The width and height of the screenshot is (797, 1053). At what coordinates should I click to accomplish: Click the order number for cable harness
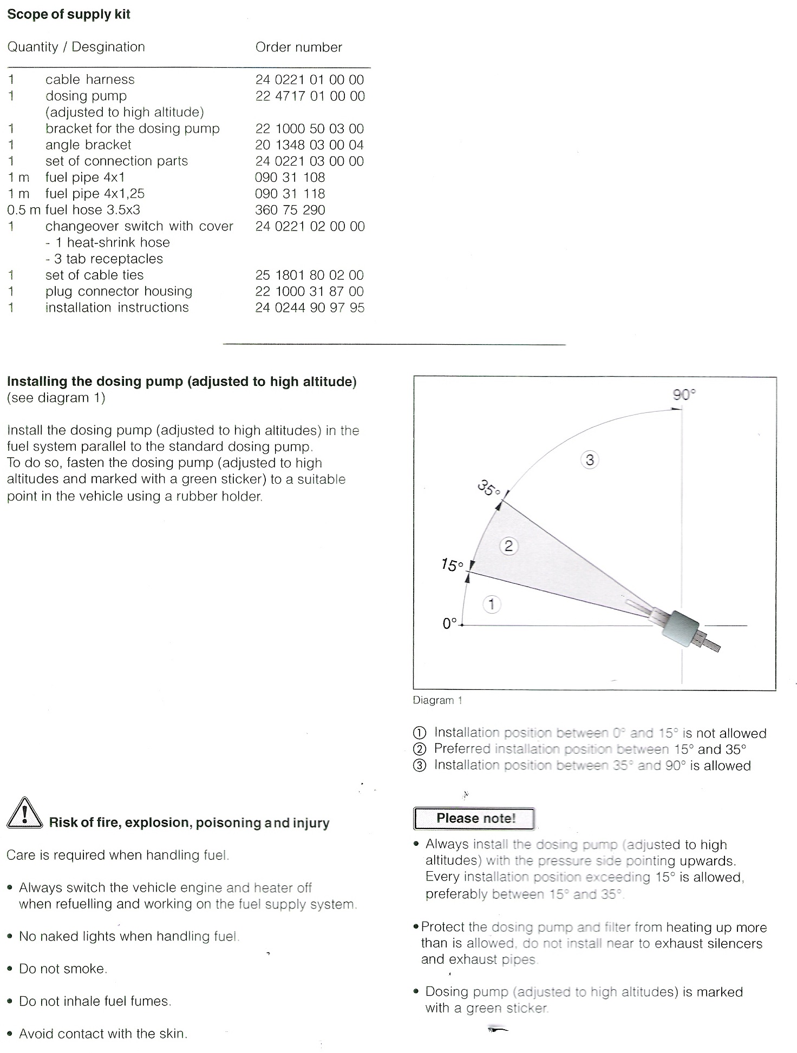tap(310, 80)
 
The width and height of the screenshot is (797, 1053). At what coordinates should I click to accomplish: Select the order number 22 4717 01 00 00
tap(310, 96)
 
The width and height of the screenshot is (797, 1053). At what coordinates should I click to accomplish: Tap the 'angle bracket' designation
tap(88, 145)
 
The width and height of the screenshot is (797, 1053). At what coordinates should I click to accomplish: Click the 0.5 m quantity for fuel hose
tap(24, 210)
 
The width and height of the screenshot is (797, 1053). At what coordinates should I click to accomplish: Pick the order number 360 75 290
tap(290, 210)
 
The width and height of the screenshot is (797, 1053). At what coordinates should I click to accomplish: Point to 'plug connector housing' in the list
tap(119, 291)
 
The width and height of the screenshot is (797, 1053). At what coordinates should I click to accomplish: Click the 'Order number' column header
tap(299, 47)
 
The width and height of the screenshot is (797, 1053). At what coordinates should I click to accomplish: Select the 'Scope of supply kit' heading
tap(69, 14)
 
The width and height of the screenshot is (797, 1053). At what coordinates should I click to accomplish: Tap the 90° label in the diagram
tap(684, 394)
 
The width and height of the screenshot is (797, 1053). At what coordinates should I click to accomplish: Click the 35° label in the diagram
tap(489, 489)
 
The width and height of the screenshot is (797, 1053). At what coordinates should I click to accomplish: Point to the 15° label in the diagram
tap(452, 565)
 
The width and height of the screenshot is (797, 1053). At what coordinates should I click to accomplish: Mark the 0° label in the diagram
tap(450, 623)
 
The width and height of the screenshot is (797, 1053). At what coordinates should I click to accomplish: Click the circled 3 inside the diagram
tap(590, 460)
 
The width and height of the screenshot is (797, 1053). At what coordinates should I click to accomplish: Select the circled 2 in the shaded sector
tap(508, 545)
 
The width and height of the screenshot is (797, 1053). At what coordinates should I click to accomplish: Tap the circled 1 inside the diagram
tap(491, 604)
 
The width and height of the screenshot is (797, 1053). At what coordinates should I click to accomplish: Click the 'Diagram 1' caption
tap(437, 700)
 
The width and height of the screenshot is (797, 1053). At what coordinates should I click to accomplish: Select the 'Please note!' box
tap(474, 818)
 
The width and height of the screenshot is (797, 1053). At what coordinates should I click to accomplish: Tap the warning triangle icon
tap(24, 813)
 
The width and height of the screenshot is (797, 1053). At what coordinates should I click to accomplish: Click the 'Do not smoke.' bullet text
tap(63, 969)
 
